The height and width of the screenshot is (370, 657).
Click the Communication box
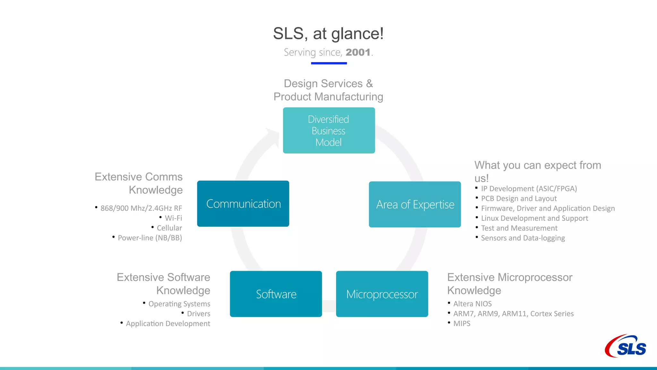(x=243, y=204)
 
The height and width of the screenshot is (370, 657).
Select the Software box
(x=276, y=294)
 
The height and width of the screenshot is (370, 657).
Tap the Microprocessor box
(x=382, y=294)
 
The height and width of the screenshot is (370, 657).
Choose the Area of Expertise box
(x=415, y=204)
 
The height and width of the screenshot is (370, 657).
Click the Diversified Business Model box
(x=329, y=130)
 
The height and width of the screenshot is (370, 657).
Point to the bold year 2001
(x=358, y=52)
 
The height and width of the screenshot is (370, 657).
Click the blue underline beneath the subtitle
(x=329, y=63)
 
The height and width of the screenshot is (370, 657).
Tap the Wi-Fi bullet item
(x=173, y=218)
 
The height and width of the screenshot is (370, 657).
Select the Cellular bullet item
(x=169, y=228)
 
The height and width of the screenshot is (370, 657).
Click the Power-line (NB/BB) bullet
(x=149, y=238)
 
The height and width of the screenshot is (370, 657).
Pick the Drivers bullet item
(x=198, y=314)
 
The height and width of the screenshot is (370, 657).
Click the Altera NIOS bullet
(x=472, y=304)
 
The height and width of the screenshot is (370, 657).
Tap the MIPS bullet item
(x=462, y=324)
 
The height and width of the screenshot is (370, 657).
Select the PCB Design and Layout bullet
(x=519, y=198)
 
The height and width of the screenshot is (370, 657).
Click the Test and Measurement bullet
(x=519, y=228)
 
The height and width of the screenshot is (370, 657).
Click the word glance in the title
(x=355, y=34)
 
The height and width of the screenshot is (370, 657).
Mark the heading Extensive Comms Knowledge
(x=139, y=183)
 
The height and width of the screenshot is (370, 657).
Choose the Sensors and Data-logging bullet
(x=523, y=238)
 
